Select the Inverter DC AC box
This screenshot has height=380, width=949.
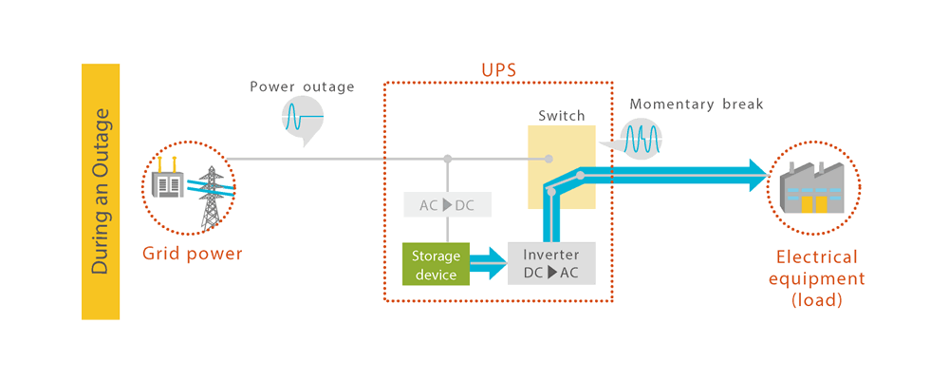pyautogui.click(x=551, y=263)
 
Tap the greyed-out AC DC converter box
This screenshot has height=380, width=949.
pyautogui.click(x=446, y=205)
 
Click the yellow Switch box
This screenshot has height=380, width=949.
pyautogui.click(x=562, y=167)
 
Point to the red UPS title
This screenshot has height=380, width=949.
pyautogui.click(x=498, y=71)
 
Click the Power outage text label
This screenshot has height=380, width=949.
pyautogui.click(x=302, y=86)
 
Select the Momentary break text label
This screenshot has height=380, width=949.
pyautogui.click(x=696, y=104)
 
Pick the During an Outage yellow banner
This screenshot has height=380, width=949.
pyautogui.click(x=101, y=191)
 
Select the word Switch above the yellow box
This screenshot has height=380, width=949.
pyautogui.click(x=562, y=116)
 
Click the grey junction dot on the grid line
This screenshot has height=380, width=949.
pyautogui.click(x=446, y=158)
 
